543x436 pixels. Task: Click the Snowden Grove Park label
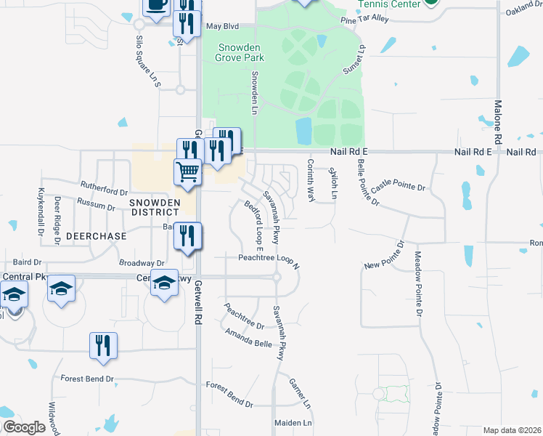point(241,52)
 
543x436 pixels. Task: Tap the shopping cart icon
point(187,173)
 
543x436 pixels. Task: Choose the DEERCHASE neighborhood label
point(96,236)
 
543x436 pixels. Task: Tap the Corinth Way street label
point(311,180)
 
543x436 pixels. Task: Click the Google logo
point(24,427)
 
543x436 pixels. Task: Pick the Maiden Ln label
point(293,422)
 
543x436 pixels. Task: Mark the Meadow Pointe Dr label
point(418,283)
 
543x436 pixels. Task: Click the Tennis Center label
point(389,4)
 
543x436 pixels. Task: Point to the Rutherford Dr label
point(105,190)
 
